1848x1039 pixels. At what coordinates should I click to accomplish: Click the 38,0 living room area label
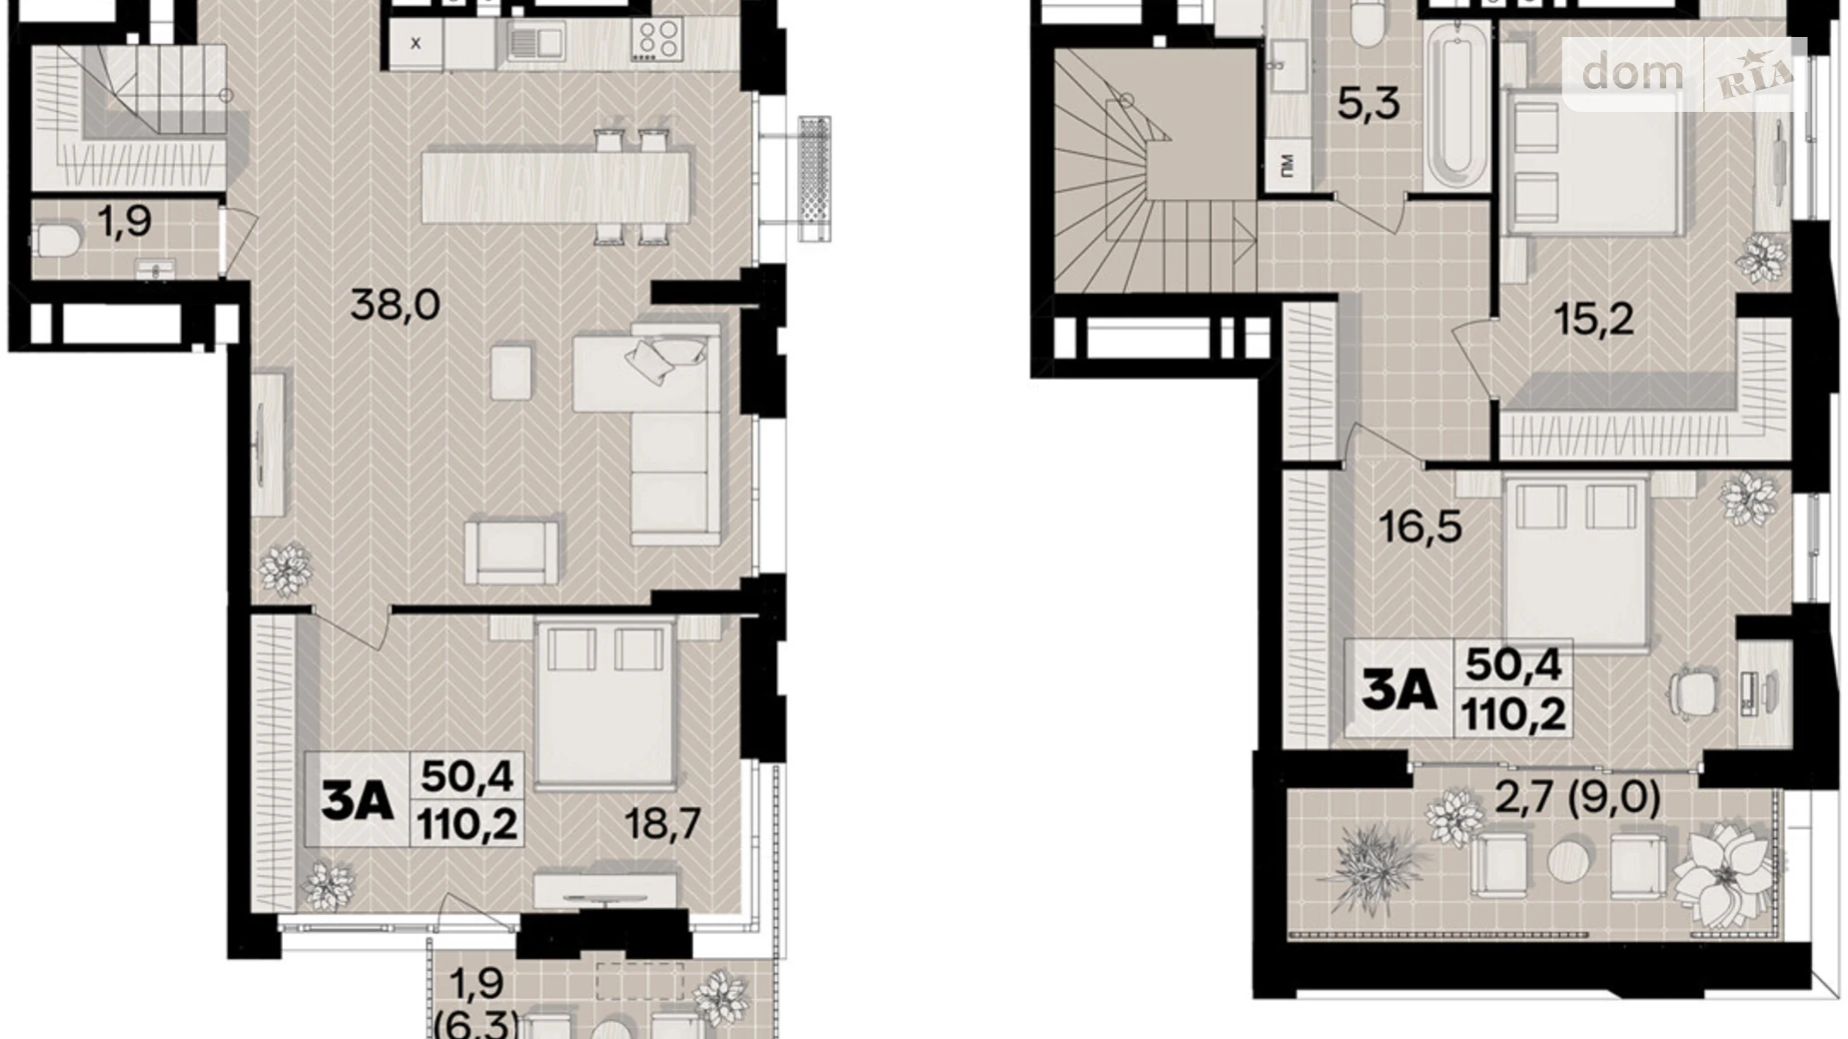point(395,305)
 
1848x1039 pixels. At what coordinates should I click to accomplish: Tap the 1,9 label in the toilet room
point(125,221)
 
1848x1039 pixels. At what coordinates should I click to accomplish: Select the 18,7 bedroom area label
point(662,824)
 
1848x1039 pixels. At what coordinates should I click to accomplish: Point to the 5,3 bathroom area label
point(1368,103)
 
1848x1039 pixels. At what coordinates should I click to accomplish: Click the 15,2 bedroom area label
point(1593,319)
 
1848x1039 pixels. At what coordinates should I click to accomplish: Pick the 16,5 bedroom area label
point(1419,525)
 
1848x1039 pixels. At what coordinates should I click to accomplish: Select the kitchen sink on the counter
point(535,41)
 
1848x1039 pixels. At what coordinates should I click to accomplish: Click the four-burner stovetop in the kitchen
point(655,41)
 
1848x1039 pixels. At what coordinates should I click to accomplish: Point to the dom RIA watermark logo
point(1684,73)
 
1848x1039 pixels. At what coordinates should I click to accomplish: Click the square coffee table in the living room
point(511,372)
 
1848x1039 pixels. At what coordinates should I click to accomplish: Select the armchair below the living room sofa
point(512,549)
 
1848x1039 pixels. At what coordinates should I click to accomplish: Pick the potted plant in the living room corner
point(286,570)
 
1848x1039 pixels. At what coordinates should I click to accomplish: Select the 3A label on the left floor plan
point(357,800)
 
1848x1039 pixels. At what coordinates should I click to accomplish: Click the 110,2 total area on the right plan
point(1512,713)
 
